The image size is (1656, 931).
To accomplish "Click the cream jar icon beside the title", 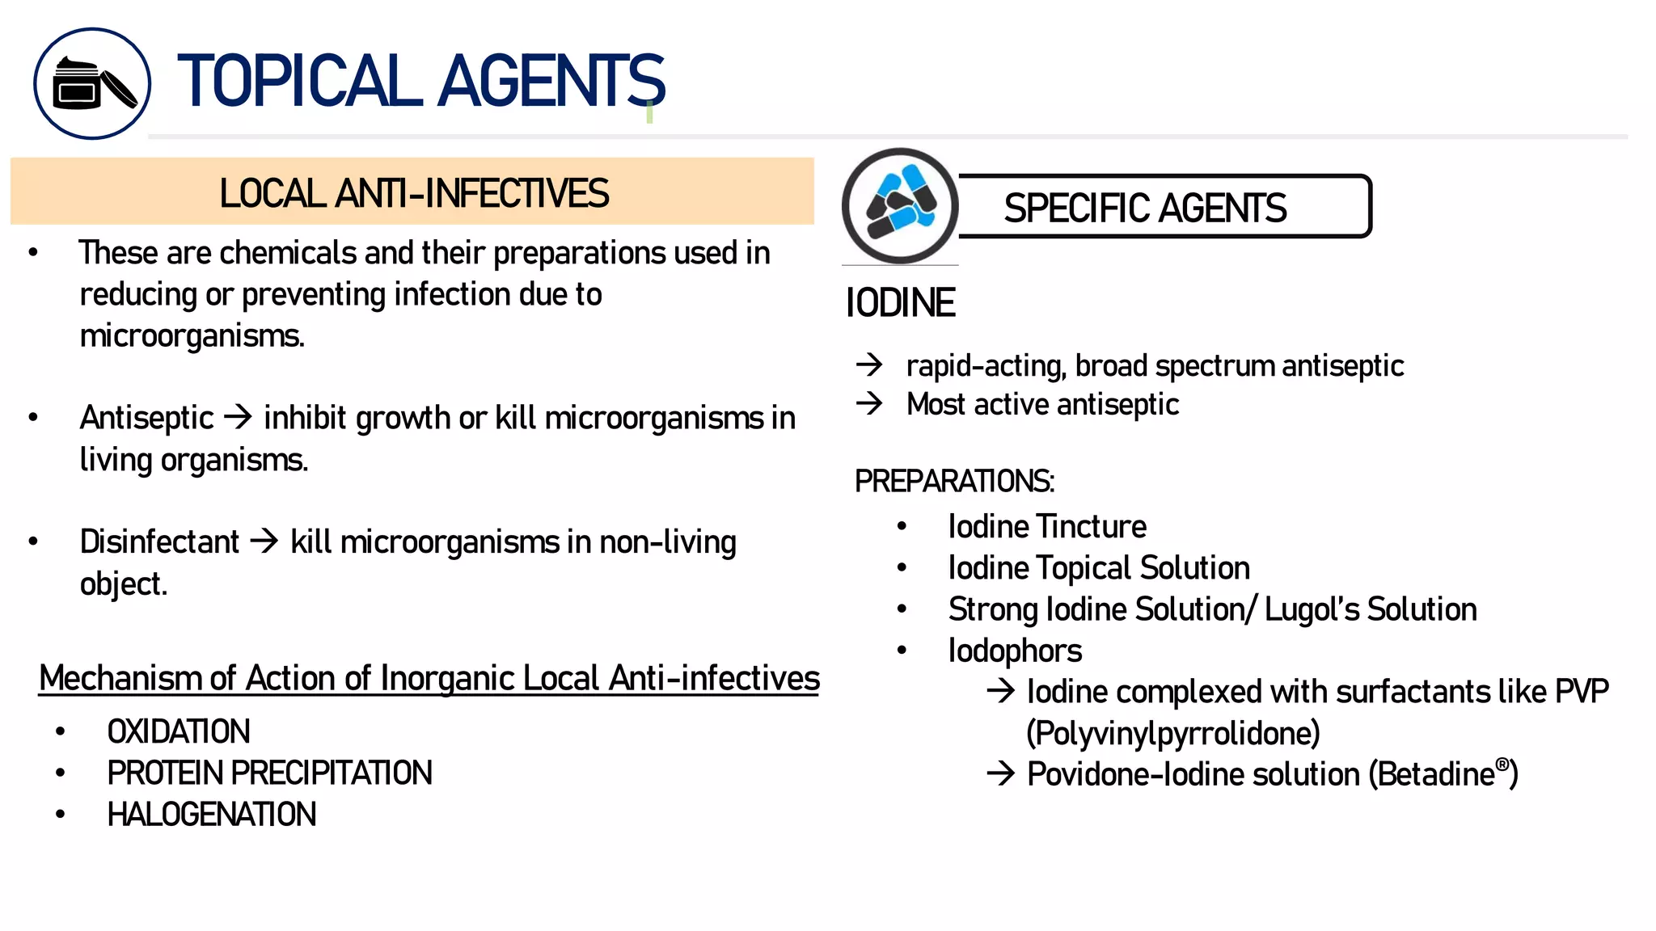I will tap(92, 84).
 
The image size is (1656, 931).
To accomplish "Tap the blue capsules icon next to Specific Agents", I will tap(900, 206).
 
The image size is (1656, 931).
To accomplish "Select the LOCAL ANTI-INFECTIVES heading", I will tap(413, 193).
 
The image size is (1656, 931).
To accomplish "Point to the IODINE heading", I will tap(900, 303).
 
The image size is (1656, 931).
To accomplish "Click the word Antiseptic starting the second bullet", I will tap(146, 419).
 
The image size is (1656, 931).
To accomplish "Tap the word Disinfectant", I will tap(159, 542).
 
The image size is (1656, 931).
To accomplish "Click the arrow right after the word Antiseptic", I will tap(239, 417).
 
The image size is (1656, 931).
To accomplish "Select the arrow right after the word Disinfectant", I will tap(264, 541).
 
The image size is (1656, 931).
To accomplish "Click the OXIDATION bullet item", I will tap(179, 732).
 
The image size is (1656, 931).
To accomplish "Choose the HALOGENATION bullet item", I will tap(212, 815).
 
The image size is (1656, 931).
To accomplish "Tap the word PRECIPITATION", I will tap(332, 773).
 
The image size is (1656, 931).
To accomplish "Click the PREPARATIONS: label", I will tap(954, 482).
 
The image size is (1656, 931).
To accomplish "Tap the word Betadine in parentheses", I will tap(1436, 774).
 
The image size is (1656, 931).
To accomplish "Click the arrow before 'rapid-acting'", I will tap(869, 364).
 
